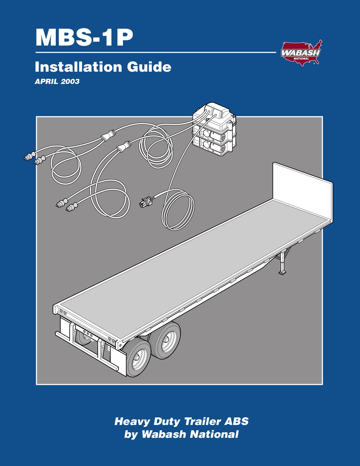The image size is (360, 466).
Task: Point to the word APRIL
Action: [45, 81]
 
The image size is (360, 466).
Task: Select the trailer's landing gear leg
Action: [282, 263]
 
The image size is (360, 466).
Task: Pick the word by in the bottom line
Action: [131, 435]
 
